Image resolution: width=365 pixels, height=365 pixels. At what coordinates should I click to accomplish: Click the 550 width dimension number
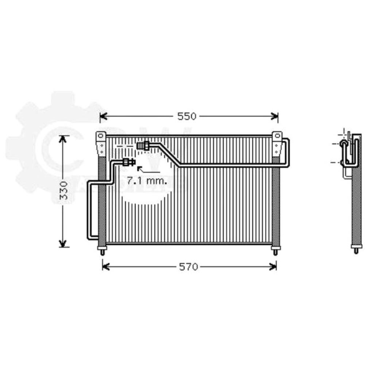point(187,116)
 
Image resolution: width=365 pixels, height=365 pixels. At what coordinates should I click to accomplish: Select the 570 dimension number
point(188,267)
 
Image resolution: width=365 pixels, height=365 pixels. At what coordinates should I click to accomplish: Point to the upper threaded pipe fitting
point(143,146)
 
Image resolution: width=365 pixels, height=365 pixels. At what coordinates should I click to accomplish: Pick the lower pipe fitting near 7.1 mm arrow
point(129,162)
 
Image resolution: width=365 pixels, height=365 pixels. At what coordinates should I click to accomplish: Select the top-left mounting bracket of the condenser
point(101,143)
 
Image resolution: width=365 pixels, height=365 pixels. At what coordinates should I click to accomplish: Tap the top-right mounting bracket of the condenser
point(277,143)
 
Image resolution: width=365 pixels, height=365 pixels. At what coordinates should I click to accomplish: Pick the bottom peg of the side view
point(356,250)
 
